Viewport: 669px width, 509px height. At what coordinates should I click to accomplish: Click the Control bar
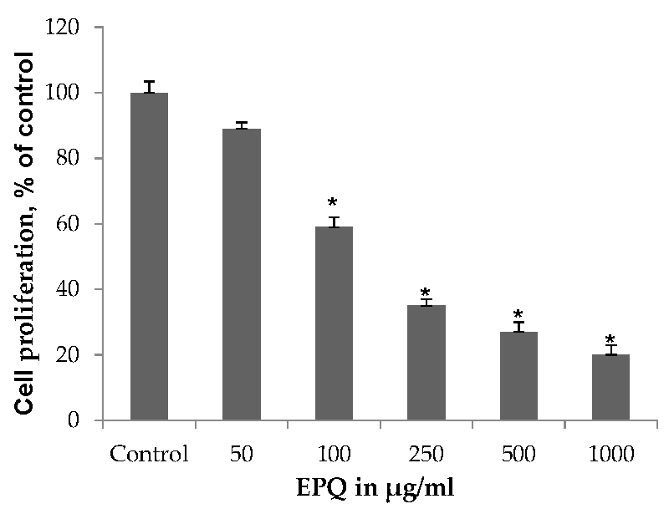tap(149, 256)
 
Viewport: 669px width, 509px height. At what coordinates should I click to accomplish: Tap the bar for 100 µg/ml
tap(334, 323)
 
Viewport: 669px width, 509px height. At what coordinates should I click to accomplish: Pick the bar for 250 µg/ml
tap(426, 362)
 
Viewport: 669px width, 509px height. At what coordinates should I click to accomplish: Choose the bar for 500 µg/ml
tap(518, 375)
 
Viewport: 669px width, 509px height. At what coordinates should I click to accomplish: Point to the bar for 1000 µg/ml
tap(610, 387)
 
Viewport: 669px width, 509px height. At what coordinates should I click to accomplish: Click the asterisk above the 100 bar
tap(333, 203)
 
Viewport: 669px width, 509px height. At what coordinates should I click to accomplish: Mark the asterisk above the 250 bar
tap(426, 293)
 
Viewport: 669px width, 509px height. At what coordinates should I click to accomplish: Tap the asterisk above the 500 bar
tap(518, 316)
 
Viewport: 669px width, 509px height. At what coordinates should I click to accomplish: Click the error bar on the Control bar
tap(149, 86)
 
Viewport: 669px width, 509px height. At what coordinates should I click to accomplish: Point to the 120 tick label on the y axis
tap(65, 28)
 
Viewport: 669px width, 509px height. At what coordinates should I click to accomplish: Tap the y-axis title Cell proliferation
tap(27, 232)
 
